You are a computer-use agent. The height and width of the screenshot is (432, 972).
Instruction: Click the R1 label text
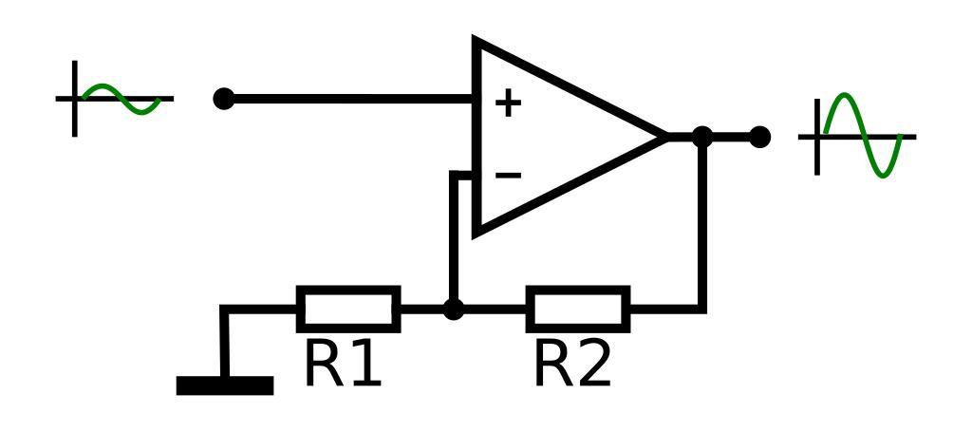[343, 365]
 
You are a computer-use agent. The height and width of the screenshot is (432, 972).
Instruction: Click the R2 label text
[572, 365]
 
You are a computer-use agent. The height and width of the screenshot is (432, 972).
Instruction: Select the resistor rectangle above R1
[348, 309]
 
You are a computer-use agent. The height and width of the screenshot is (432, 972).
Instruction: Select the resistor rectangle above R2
[578, 309]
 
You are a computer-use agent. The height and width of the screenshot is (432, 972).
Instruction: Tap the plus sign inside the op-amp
[509, 103]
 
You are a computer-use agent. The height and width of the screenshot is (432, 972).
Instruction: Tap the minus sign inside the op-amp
[509, 175]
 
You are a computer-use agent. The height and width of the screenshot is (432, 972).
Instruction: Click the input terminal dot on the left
[224, 99]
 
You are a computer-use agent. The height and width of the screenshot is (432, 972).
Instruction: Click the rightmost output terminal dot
[759, 137]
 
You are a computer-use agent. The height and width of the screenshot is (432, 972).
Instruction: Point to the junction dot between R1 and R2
[455, 309]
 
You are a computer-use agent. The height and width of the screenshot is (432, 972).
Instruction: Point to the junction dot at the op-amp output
[702, 137]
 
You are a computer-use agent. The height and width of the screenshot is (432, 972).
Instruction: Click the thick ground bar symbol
[225, 385]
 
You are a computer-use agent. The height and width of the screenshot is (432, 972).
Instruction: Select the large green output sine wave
[862, 136]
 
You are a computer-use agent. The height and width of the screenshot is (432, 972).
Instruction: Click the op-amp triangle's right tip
[664, 137]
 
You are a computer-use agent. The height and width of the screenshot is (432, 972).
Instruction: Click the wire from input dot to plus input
[351, 99]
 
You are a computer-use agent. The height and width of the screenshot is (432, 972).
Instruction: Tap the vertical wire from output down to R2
[702, 228]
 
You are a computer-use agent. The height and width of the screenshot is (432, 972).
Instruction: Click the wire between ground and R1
[256, 309]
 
